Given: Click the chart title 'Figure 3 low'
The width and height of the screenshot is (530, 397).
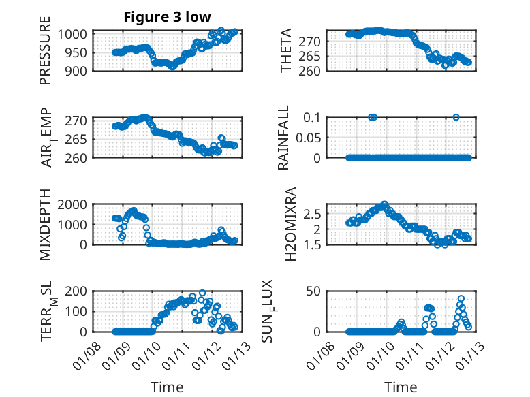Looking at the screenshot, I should click(167, 16).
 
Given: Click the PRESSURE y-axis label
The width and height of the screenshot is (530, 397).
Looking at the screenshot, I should click(45, 55).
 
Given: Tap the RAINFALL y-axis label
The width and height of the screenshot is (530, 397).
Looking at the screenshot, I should click(283, 137).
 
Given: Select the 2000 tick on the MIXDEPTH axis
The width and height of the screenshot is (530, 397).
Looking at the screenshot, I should click(72, 204).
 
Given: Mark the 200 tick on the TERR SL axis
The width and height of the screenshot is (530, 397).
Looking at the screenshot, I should click(75, 291).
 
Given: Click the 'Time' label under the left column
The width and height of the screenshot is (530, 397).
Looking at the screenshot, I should click(167, 387).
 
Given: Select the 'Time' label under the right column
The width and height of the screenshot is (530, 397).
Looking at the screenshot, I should click(401, 387).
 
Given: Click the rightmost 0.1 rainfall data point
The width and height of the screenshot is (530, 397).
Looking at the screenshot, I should click(456, 117).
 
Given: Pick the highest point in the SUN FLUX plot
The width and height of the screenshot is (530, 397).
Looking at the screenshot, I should click(461, 298).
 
